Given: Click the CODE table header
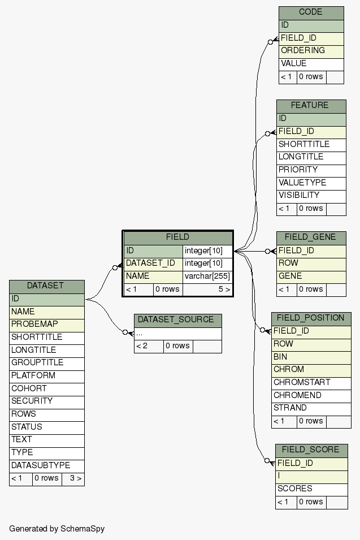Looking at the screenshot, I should point(311,12).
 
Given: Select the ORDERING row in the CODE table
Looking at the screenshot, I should point(311,51).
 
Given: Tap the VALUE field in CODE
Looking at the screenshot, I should point(311,64).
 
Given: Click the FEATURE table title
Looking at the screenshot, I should point(310,106).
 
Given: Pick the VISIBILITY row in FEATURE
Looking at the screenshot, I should point(310,196).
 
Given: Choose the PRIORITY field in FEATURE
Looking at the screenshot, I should point(310,170).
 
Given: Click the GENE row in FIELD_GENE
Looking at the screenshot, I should point(310,277).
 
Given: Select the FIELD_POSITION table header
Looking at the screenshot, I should point(310,318).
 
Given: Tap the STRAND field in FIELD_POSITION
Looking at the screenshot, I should point(310,408).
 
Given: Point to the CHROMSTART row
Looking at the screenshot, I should point(310,383).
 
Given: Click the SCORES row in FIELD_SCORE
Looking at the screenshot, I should point(311,489).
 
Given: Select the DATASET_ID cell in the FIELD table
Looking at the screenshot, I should point(153,263).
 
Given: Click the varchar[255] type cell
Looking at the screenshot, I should point(207,277).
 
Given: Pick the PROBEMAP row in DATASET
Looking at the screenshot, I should point(46,325).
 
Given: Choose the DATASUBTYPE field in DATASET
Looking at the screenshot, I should point(46,466).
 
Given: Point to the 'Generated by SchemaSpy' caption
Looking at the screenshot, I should point(57,529).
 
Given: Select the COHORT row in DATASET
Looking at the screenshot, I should point(46,389).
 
